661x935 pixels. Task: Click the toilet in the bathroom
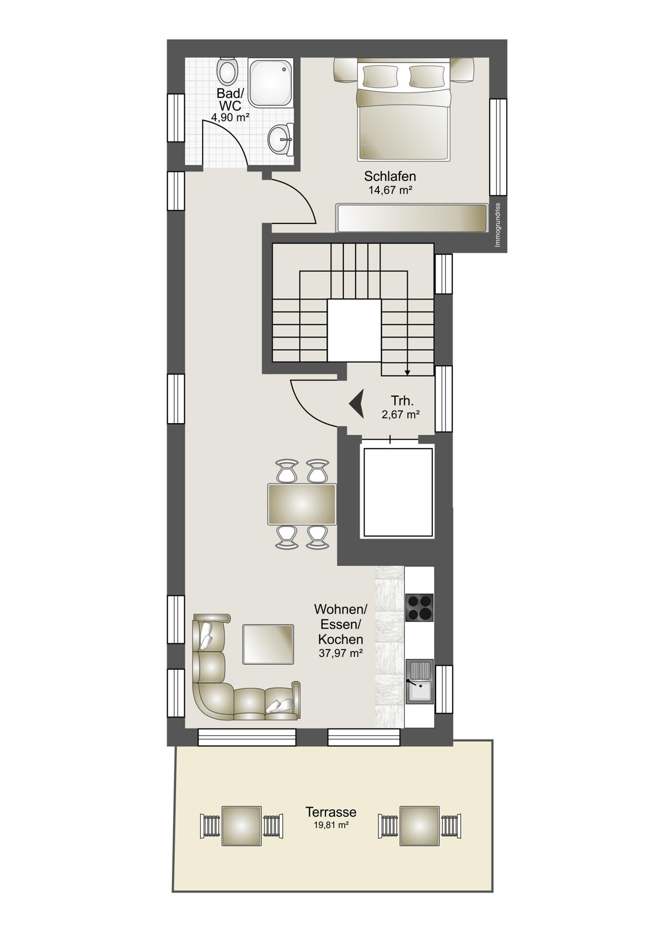[227, 71]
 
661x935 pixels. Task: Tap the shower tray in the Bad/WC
[271, 82]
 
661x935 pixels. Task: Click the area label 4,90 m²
[230, 117]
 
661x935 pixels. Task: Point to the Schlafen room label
[390, 176]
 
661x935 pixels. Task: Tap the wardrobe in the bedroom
[412, 218]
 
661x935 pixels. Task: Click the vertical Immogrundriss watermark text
[497, 224]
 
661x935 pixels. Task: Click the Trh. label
[402, 401]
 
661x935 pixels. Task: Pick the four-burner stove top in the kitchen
[419, 608]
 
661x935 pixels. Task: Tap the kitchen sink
[419, 681]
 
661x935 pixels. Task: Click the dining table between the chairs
[302, 504]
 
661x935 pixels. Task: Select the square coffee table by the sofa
[268, 644]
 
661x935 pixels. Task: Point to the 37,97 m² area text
[340, 653]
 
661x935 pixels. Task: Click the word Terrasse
[331, 812]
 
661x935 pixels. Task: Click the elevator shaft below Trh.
[397, 492]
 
